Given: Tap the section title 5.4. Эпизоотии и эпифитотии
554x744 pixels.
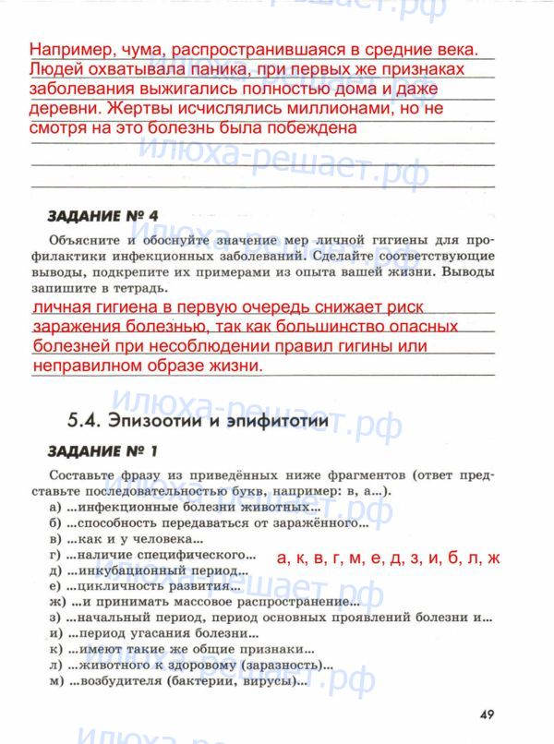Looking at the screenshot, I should click(x=198, y=420).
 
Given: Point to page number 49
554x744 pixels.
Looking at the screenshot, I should click(x=489, y=712).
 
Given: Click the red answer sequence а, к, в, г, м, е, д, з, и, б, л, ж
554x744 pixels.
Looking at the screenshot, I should click(x=388, y=558).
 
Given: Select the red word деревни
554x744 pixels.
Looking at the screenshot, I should click(x=62, y=108).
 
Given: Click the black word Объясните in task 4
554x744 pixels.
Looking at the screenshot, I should click(x=84, y=240).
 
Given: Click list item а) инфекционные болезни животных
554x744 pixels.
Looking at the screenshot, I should click(x=186, y=507).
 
